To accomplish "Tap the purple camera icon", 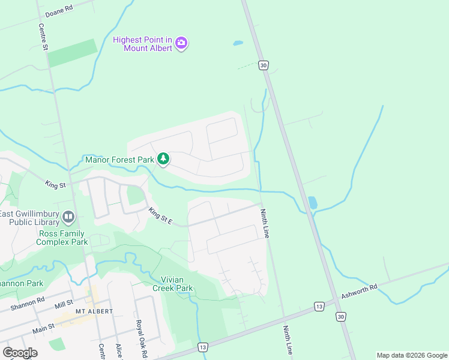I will (x=182, y=43).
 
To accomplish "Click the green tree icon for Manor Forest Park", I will (x=163, y=159).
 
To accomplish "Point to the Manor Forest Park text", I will (x=120, y=160).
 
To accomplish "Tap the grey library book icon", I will (x=68, y=216).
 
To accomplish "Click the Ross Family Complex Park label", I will (x=62, y=238).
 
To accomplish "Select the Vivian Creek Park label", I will (x=177, y=284).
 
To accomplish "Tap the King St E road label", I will (x=160, y=216).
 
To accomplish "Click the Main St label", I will (x=43, y=326).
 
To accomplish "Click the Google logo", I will (x=20, y=352).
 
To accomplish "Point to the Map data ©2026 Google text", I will (x=411, y=355).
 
